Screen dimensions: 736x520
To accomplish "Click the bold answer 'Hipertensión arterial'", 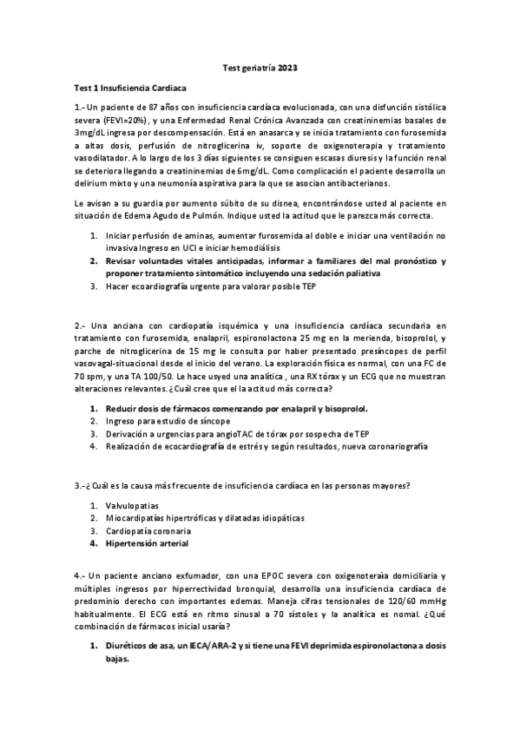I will coord(147,543).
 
